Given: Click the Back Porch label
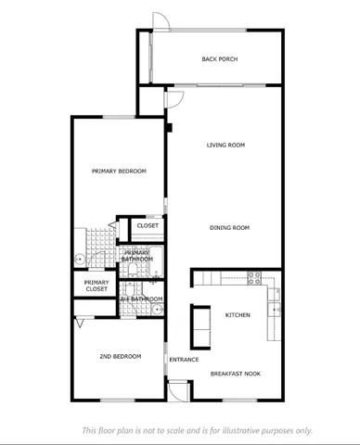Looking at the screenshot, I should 220,59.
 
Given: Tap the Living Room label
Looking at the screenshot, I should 225,145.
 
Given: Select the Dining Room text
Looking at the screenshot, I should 229,227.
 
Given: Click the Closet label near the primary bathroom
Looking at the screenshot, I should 148,225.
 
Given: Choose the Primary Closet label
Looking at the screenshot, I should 96,286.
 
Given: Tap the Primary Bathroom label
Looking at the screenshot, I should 137,256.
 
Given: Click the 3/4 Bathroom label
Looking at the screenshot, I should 141,299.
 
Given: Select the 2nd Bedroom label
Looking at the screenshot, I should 120,356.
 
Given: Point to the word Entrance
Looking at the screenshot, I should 184,360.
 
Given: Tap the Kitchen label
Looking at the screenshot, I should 238,315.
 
